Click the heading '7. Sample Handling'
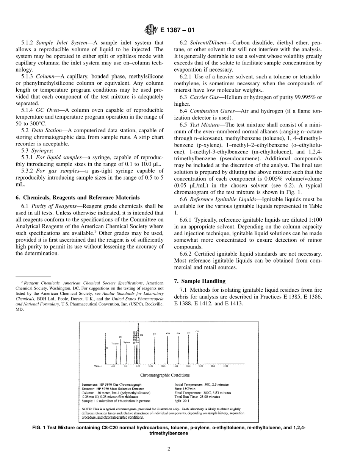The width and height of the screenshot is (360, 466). [x=199, y=281]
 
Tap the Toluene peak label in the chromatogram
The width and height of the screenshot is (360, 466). [x=115, y=343]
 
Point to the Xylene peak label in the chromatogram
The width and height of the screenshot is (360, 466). [x=127, y=342]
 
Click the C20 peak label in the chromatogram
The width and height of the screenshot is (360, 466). [x=197, y=332]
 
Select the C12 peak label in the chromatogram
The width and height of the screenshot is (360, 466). [x=154, y=334]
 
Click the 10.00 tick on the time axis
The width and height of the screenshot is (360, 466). [x=150, y=366]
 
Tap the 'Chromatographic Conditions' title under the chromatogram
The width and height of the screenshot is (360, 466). [x=165, y=375]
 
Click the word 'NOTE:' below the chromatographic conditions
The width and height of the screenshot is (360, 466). [x=88, y=409]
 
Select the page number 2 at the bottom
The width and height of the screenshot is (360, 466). [x=169, y=449]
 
